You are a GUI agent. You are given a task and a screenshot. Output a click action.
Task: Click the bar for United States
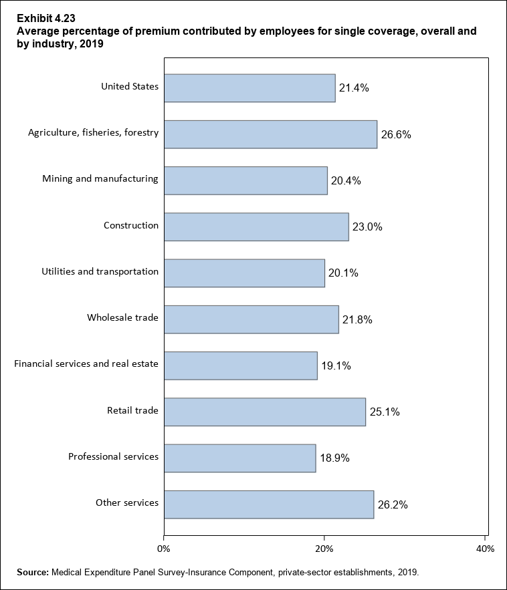coord(249,88)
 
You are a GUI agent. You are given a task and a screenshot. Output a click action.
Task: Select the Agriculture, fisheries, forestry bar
coord(270,134)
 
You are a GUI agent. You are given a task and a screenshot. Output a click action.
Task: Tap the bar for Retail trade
coord(264,412)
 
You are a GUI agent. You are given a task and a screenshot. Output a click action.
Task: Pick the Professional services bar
coord(239,458)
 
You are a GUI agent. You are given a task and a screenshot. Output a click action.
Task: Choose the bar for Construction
coord(256,227)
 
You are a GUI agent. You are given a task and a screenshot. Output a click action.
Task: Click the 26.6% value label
coord(396,134)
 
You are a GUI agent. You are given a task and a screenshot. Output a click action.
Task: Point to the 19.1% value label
coord(336,365)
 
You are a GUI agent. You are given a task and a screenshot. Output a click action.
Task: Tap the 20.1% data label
coord(343,273)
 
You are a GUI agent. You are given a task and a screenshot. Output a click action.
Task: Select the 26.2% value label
coord(393,504)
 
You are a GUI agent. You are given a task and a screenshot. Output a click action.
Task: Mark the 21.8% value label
coord(357,319)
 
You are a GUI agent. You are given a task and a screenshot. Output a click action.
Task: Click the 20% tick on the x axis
coord(324,549)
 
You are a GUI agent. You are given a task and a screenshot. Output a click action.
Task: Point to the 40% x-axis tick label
coord(485,549)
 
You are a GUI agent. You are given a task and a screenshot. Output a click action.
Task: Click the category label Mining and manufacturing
coord(100,178)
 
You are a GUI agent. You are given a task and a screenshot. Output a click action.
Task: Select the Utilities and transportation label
coord(100,271)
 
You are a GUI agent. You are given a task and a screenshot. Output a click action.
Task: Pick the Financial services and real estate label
coord(86,363)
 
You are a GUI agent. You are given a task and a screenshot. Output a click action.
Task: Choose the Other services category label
coord(127,502)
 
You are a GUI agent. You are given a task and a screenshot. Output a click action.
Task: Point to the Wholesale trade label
coord(122,317)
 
